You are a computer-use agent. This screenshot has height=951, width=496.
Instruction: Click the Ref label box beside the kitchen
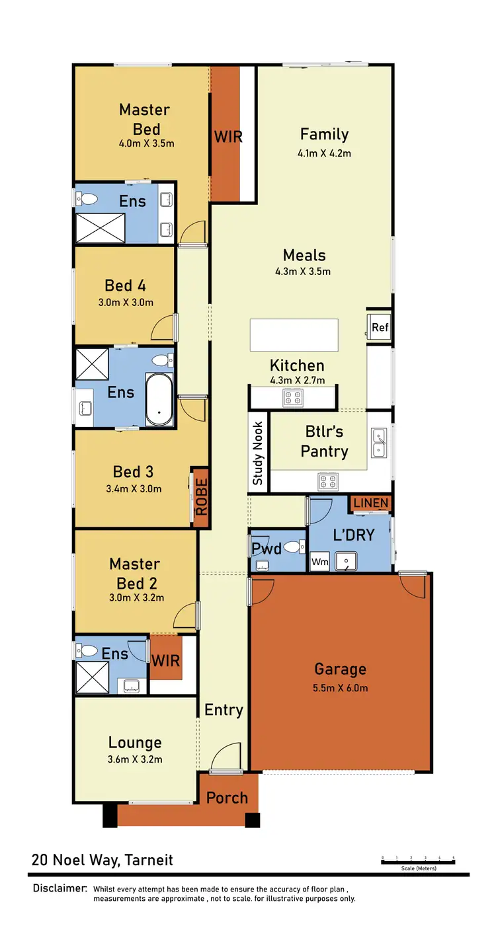click(x=380, y=327)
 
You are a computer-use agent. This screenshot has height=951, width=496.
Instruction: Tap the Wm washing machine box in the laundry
click(x=319, y=562)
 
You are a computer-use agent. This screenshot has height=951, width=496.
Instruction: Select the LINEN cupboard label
click(x=370, y=504)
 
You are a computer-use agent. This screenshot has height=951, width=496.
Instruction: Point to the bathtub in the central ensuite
click(x=159, y=400)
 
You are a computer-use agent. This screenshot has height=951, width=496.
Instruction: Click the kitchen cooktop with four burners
click(x=293, y=398)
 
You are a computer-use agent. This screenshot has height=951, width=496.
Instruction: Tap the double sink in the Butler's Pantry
click(x=379, y=443)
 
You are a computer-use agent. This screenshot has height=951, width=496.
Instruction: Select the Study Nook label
click(x=258, y=453)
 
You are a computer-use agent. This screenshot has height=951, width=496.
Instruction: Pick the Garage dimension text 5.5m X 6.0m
click(x=341, y=687)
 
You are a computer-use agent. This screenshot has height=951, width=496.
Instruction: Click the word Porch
click(x=227, y=798)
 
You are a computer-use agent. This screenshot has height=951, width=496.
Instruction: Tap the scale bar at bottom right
click(x=418, y=860)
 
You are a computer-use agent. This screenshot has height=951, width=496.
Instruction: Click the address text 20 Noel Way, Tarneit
click(x=103, y=860)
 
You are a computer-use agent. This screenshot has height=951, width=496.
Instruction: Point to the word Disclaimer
click(x=60, y=888)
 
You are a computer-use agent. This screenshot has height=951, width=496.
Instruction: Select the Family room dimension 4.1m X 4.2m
click(x=324, y=153)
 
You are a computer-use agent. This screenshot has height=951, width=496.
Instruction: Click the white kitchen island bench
click(x=294, y=335)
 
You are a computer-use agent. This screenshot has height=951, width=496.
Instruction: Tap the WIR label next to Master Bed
click(x=228, y=137)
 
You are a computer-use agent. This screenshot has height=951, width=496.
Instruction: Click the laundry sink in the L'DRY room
click(x=345, y=562)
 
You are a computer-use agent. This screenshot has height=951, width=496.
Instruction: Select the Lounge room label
click(x=135, y=743)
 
